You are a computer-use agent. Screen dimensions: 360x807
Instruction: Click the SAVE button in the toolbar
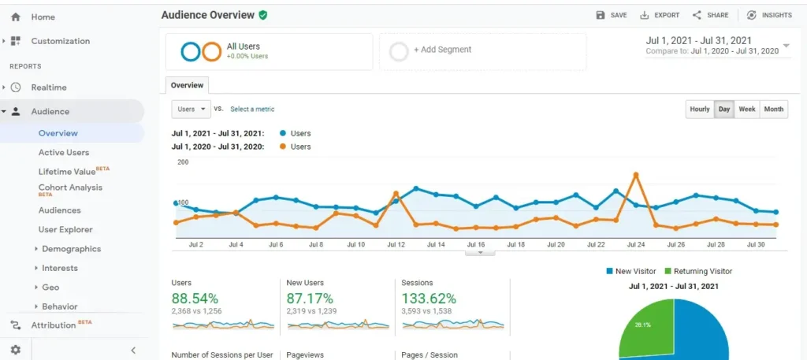click(x=612, y=15)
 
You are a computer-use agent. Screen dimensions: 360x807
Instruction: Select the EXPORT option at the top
click(x=660, y=15)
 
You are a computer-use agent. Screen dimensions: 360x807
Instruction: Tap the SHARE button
click(x=710, y=15)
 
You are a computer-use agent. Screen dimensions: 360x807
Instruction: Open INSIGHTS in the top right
click(x=769, y=15)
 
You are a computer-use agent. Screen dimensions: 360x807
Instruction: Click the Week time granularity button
click(x=747, y=109)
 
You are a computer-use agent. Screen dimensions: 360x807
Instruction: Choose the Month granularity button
click(x=774, y=109)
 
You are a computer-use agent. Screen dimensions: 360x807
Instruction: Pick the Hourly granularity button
click(x=700, y=109)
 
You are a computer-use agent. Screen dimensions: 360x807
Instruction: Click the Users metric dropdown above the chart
click(x=192, y=109)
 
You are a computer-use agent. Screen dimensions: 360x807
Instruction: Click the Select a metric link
click(x=252, y=109)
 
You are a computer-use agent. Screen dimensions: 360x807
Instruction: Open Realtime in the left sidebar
click(x=49, y=87)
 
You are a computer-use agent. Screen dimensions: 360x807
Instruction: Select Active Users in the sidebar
click(x=64, y=152)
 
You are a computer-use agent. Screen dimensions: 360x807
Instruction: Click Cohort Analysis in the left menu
click(x=70, y=187)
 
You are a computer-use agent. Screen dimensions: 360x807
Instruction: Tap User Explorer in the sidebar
click(x=65, y=229)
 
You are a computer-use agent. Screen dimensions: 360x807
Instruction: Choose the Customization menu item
click(x=61, y=41)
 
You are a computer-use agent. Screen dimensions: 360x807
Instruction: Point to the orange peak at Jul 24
click(x=635, y=174)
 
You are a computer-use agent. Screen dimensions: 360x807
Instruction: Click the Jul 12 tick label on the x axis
click(x=396, y=245)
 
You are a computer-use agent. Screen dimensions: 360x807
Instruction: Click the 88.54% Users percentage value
click(x=195, y=299)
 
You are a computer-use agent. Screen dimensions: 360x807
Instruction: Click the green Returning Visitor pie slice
click(x=646, y=331)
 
